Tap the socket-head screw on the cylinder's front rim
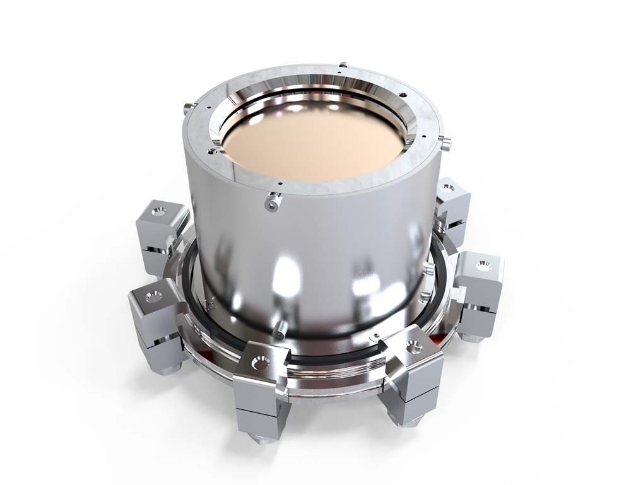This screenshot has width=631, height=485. click(271, 202)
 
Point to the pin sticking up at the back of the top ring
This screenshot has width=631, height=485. click(343, 64)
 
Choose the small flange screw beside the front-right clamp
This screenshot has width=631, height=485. click(376, 336)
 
